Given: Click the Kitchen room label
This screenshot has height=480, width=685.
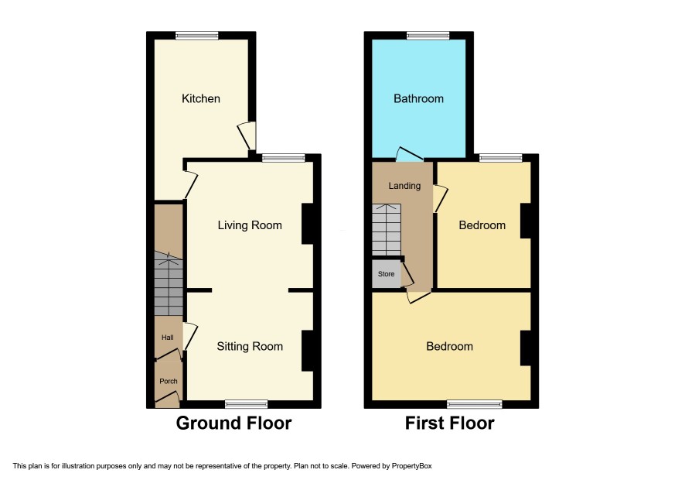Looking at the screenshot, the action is click(200, 98).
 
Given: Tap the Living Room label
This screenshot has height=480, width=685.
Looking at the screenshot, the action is click(250, 225).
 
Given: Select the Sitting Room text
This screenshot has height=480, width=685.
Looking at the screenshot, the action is click(250, 347).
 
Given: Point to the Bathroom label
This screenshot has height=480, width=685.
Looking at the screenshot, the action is click(418, 98).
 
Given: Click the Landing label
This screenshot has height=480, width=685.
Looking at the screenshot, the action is click(404, 186).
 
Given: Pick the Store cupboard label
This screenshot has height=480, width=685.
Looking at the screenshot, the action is click(387, 274).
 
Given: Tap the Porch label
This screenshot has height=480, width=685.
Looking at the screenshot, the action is click(169, 381).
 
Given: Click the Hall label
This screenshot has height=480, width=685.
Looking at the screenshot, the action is click(167, 338).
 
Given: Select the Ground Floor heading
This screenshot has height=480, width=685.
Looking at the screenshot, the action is click(233, 423).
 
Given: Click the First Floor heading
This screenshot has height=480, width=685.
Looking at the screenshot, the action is click(449, 423).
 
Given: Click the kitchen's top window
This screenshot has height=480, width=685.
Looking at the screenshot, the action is click(197, 36).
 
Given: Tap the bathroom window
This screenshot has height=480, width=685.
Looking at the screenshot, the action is click(428, 36).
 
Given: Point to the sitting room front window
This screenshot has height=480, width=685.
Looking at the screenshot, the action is click(247, 404).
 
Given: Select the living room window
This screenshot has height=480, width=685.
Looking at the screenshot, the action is click(284, 159).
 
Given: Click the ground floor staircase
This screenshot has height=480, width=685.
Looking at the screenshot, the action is click(169, 283).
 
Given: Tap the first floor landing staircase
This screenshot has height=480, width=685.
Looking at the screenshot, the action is click(387, 229).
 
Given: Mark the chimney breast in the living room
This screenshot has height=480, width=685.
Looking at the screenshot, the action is click(308, 224).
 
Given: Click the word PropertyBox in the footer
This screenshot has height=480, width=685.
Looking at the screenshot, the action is click(411, 466).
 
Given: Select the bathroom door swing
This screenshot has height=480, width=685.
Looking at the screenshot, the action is click(409, 153).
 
